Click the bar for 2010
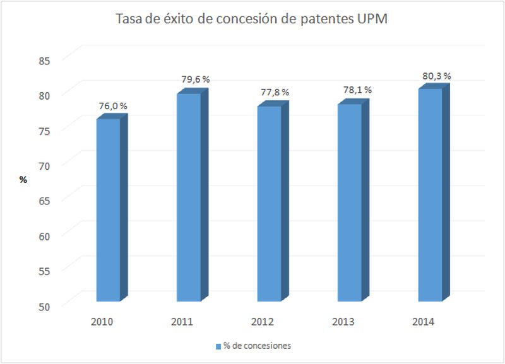(x=107, y=209)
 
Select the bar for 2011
(x=188, y=197)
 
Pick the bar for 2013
(x=349, y=202)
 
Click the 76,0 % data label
(x=113, y=106)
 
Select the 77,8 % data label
(x=275, y=92)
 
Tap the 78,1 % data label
(x=356, y=90)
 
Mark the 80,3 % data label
(x=436, y=76)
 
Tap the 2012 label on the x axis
(x=263, y=322)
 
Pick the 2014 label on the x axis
(x=424, y=322)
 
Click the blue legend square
(x=218, y=346)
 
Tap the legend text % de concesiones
(x=257, y=346)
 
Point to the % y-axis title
(x=23, y=180)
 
